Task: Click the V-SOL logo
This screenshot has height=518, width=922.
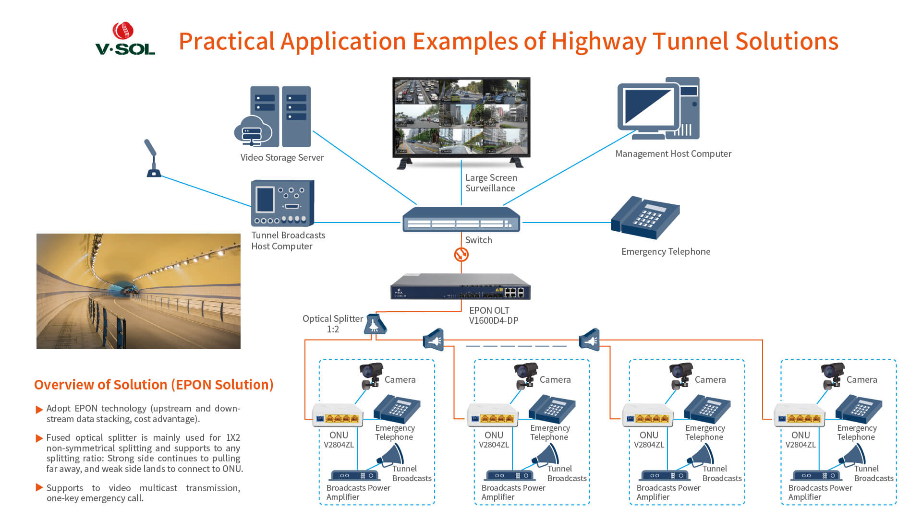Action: [125, 39]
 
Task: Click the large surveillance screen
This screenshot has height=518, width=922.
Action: [461, 117]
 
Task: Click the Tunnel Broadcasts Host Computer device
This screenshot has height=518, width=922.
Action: [282, 203]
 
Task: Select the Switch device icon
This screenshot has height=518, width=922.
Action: [461, 220]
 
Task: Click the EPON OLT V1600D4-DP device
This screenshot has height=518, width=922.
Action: [460, 286]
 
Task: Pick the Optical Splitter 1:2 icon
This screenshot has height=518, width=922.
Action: [375, 324]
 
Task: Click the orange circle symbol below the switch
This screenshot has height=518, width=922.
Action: [461, 254]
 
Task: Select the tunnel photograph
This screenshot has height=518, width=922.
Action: [138, 291]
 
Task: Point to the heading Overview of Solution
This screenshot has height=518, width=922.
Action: [154, 385]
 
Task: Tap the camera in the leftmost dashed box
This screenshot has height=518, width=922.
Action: [371, 375]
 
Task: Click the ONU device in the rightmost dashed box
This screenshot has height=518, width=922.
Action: [799, 415]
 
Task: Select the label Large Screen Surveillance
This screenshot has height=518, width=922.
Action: [491, 183]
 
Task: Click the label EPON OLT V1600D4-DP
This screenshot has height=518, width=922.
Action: [493, 316]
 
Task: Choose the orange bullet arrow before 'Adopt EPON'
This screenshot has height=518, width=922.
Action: [39, 410]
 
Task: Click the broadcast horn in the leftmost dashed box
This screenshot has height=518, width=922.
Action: [391, 456]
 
